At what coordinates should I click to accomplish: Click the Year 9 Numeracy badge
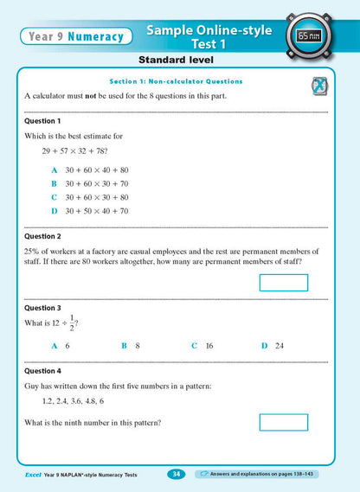pyautogui.click(x=74, y=36)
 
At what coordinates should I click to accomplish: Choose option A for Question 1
pyautogui.click(x=90, y=169)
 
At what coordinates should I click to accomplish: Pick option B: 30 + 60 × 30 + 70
pyautogui.click(x=90, y=183)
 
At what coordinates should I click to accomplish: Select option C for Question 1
pyautogui.click(x=90, y=197)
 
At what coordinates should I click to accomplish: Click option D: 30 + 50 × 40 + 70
pyautogui.click(x=90, y=210)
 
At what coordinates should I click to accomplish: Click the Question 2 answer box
pyautogui.click(x=283, y=283)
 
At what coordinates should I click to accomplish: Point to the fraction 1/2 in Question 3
pyautogui.click(x=72, y=323)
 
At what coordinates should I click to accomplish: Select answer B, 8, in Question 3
pyautogui.click(x=131, y=345)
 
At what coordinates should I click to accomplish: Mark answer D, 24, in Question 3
pyautogui.click(x=273, y=345)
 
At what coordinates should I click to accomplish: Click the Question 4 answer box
pyautogui.click(x=283, y=422)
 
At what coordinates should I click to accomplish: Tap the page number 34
pyautogui.click(x=176, y=474)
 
